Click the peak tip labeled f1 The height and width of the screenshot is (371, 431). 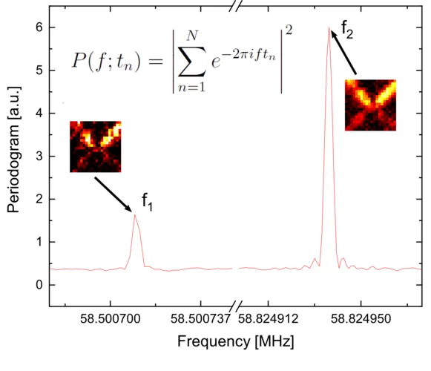135,215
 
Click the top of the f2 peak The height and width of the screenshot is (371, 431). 329,29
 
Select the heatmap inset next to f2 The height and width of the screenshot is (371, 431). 370,105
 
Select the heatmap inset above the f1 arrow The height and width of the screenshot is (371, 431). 95,146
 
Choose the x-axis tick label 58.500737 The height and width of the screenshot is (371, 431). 201,321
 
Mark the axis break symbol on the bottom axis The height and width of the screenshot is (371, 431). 235,306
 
